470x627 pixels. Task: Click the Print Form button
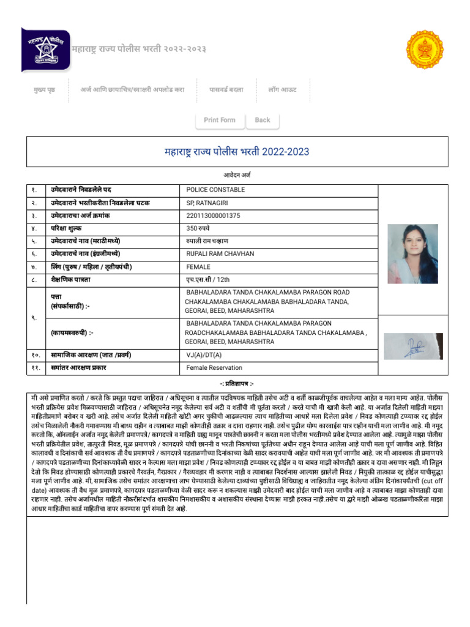pyautogui.click(x=219, y=120)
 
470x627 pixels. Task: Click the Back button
pyautogui.click(x=263, y=120)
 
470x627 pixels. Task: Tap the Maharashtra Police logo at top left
pyautogui.click(x=45, y=49)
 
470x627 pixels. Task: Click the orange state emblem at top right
pyautogui.click(x=424, y=50)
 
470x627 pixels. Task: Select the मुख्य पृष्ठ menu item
pyautogui.click(x=44, y=90)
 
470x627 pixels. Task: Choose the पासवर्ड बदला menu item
pyautogui.click(x=226, y=90)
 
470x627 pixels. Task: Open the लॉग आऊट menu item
pyautogui.click(x=282, y=90)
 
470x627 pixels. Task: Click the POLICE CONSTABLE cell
pyautogui.click(x=215, y=190)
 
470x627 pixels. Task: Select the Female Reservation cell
pyautogui.click(x=214, y=368)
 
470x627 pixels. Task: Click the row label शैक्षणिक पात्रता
pyautogui.click(x=70, y=280)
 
